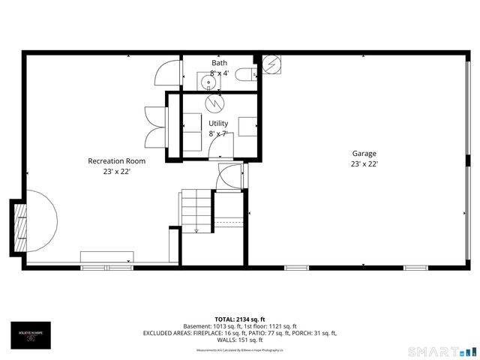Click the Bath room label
click(x=219, y=63)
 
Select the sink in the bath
click(x=207, y=80)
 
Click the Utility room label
click(x=218, y=123)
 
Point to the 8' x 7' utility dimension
click(x=218, y=134)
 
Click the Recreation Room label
click(x=116, y=160)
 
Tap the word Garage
click(x=364, y=154)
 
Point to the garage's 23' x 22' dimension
click(x=364, y=165)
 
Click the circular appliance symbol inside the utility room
click(x=214, y=102)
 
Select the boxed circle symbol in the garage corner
click(x=270, y=64)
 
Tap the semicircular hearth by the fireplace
click(x=42, y=224)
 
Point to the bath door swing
click(x=166, y=74)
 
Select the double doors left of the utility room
click(x=155, y=126)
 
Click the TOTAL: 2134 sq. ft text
click(x=239, y=318)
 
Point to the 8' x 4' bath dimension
click(x=219, y=73)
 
